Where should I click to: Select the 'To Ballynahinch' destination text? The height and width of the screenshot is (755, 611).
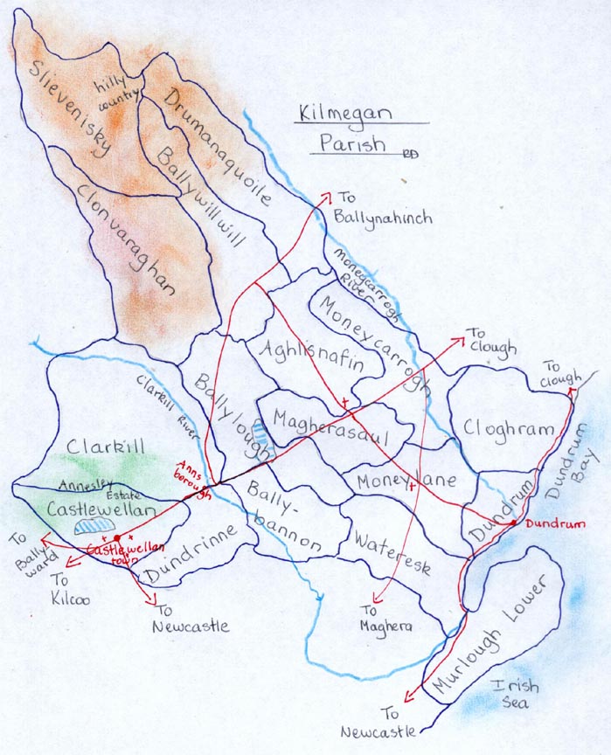[383, 209]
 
